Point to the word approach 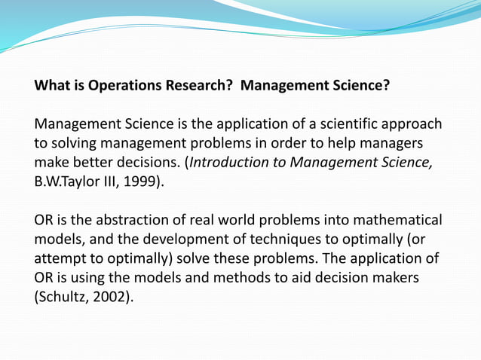pyautogui.click(x=414, y=124)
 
